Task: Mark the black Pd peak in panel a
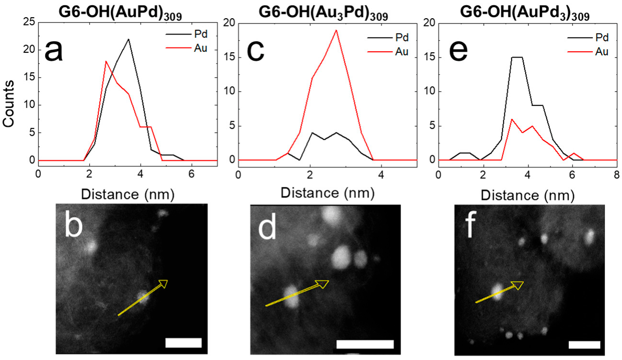pos(128,39)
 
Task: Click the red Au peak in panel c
pos(336,30)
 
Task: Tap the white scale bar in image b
pos(183,342)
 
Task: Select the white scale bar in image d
pos(365,344)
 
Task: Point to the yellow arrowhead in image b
pos(163,284)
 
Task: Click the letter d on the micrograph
pos(268,228)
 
